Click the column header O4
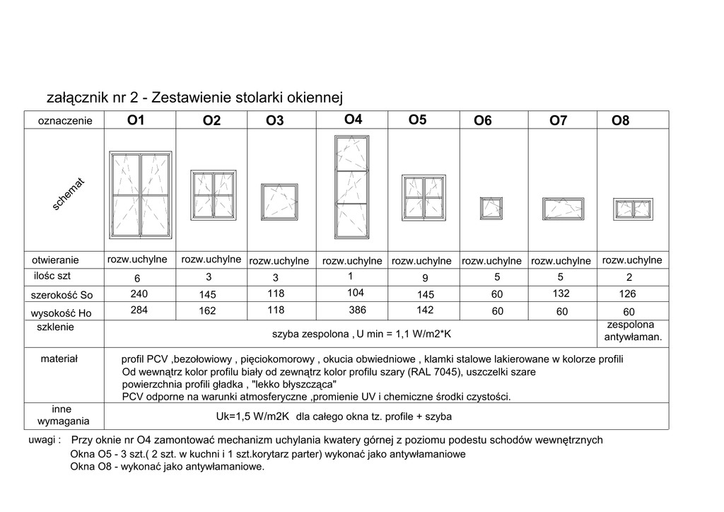pos(353,120)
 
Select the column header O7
pos(558,121)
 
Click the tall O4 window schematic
pos(351,187)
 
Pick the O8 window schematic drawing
pos(633,209)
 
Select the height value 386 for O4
pos(358,310)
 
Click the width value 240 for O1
pos(139,293)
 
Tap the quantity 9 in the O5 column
pos(424,277)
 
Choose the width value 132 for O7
pos(560,293)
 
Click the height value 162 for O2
pos(208,310)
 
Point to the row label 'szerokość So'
pos(62,294)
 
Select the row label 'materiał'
pos(59,359)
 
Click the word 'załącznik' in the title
pos(78,97)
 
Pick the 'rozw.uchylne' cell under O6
pos(491,261)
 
